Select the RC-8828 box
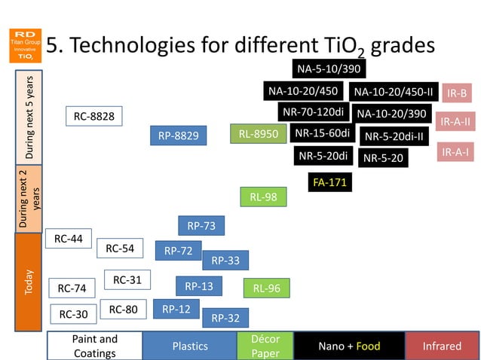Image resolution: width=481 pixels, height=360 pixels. click(x=93, y=117)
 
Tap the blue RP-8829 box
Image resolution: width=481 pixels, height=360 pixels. click(x=178, y=136)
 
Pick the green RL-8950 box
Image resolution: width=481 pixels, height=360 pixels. click(x=258, y=134)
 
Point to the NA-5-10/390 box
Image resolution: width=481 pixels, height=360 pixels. click(x=328, y=69)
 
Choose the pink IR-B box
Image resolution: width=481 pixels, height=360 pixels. click(x=457, y=93)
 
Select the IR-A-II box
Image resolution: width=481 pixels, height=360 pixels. click(x=455, y=121)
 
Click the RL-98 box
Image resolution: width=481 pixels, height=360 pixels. click(x=263, y=197)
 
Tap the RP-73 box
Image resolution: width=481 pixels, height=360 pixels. click(x=201, y=226)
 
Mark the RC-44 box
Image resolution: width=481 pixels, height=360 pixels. click(x=69, y=239)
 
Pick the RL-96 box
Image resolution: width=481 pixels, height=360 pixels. click(x=266, y=288)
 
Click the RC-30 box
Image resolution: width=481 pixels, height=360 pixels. click(x=73, y=314)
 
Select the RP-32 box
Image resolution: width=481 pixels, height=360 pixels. click(x=225, y=318)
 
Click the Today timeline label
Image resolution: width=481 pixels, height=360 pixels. click(x=29, y=282)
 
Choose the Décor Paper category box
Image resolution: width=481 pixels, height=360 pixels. click(x=265, y=346)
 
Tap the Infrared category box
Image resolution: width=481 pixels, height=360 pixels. click(x=442, y=346)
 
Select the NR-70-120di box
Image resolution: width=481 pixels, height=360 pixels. click(x=314, y=112)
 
